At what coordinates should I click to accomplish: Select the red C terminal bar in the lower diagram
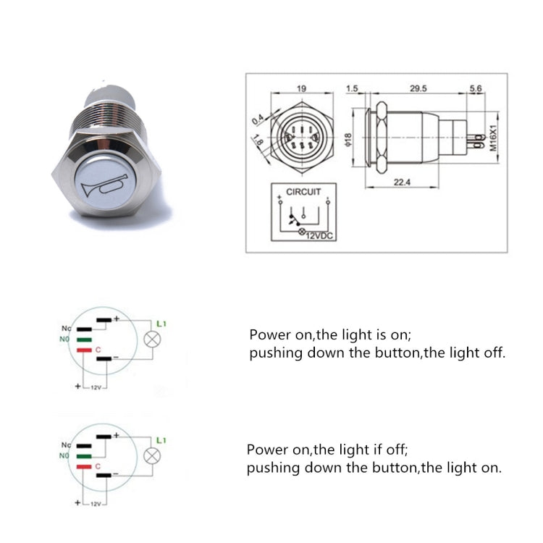point(83,468)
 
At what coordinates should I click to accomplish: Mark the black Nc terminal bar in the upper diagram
point(84,327)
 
